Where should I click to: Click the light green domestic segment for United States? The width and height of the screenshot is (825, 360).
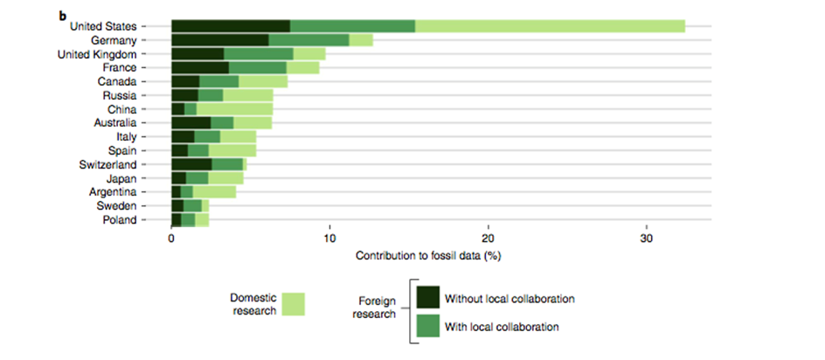tap(550, 26)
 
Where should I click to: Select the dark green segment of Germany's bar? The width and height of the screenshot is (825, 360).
tap(219, 39)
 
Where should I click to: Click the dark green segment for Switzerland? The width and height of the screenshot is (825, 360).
tap(191, 164)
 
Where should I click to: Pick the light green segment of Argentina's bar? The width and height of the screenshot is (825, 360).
tap(214, 192)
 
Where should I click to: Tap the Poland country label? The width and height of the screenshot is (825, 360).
tap(120, 220)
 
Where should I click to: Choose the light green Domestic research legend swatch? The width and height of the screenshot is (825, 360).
tap(294, 303)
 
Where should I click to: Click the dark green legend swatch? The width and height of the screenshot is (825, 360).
tap(427, 298)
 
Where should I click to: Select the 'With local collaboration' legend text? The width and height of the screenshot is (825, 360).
tap(503, 327)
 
